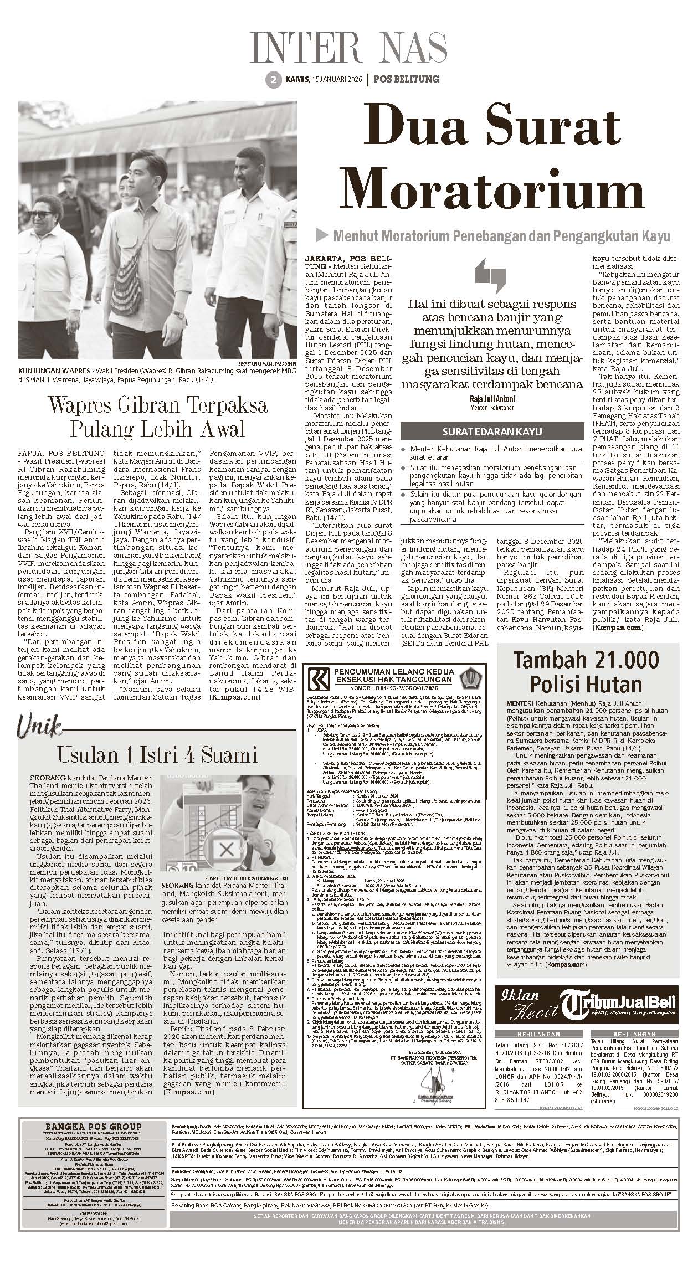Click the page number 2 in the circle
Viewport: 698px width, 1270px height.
pos(273,80)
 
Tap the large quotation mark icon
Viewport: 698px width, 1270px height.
pos(490,275)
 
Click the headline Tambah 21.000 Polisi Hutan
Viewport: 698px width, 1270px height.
pos(586,671)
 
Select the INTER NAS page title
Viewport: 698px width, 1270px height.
pos(348,48)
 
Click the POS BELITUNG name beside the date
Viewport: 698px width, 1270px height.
pos(407,79)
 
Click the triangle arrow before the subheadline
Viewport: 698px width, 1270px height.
pos(322,236)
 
